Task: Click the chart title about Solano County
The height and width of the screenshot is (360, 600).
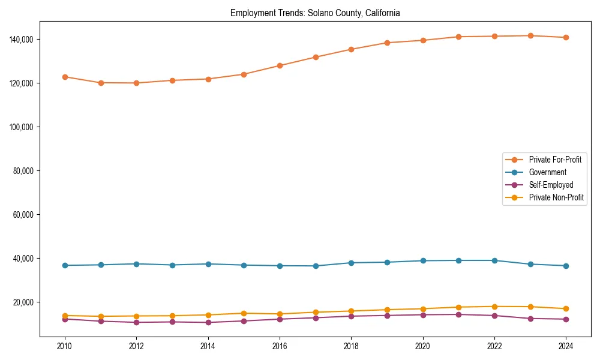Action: coord(315,13)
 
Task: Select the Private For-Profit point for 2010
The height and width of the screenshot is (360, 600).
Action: coord(65,77)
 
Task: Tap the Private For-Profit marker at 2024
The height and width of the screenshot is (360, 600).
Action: coord(566,37)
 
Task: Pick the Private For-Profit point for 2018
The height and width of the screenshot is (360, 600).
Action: coord(351,49)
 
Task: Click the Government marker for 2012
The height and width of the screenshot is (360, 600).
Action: coord(136,264)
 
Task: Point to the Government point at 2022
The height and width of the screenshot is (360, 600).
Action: coord(494,260)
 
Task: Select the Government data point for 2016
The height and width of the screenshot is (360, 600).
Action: coord(280,266)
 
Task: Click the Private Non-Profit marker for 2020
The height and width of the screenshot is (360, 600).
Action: coord(423,309)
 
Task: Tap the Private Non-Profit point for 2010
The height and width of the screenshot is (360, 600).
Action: coord(65,316)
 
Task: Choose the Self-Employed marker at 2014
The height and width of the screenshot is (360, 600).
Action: coord(208,322)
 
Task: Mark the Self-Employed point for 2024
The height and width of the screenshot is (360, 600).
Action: coord(566,319)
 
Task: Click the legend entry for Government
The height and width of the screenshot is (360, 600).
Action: coord(547,172)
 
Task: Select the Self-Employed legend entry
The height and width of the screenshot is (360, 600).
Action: coord(551,185)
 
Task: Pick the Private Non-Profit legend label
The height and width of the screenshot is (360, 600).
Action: coord(556,197)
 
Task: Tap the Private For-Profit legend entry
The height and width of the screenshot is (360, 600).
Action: coord(556,160)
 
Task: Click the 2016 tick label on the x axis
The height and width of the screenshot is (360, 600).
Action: coord(280,346)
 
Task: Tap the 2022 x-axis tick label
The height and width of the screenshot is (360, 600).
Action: coord(494,346)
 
